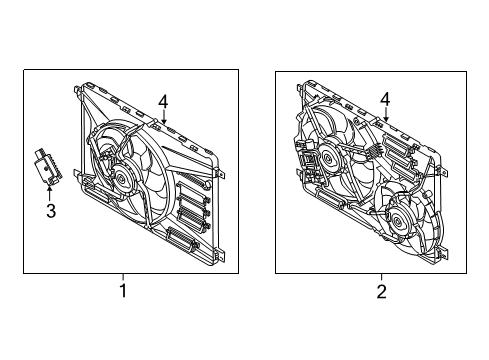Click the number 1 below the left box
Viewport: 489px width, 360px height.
pos(123,291)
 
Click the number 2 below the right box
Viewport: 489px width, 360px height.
pos(381,291)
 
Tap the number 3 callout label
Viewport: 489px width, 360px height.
pos(51,211)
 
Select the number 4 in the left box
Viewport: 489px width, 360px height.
pos(163,102)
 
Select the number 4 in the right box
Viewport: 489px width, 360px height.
pos(385,99)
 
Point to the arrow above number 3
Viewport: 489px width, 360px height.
pos(50,194)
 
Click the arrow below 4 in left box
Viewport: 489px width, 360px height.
pos(163,116)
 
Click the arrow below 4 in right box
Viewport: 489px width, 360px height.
pos(386,114)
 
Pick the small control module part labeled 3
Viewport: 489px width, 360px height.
pos(48,166)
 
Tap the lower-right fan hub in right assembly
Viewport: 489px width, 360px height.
pos(399,222)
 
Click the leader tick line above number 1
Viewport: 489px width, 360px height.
pos(123,277)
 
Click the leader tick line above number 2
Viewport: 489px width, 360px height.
pos(382,277)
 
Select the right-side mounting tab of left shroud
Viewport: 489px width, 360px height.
pos(221,174)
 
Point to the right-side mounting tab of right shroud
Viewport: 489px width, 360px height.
pos(443,171)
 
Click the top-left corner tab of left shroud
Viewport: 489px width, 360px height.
pos(77,89)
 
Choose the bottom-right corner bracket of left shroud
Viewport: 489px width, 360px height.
pos(220,254)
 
